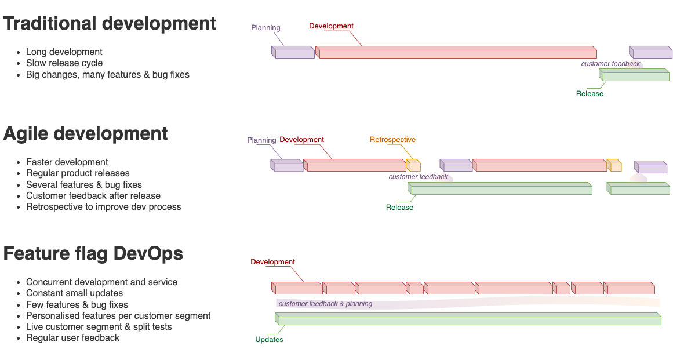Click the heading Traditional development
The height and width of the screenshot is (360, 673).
[x=110, y=24]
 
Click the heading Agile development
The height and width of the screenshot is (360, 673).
[x=85, y=133]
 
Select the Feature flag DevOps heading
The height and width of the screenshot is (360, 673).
[x=93, y=253]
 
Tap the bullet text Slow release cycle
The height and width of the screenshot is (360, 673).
[x=64, y=63]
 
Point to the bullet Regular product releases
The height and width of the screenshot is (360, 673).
[x=78, y=173]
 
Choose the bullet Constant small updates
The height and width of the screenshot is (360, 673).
[x=74, y=293]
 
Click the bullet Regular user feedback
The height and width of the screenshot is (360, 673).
[x=72, y=338]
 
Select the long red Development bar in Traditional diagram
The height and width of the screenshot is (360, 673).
[x=456, y=53]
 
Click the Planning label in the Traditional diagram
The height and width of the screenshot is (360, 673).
[x=265, y=28]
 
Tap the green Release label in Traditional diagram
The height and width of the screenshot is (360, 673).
[x=590, y=94]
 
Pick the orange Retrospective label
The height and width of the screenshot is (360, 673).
[x=392, y=140]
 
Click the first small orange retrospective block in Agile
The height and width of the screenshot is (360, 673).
[x=413, y=166]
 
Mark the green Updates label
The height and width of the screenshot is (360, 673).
[x=269, y=340]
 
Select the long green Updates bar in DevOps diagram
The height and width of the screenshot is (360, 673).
[x=468, y=319]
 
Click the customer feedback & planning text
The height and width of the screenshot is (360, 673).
[x=325, y=304]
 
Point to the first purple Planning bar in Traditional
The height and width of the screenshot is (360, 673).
[x=293, y=53]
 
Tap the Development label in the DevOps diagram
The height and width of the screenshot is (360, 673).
[x=272, y=262]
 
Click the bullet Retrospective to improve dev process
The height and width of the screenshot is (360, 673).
[x=103, y=207]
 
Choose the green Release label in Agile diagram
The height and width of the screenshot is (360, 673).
[x=399, y=208]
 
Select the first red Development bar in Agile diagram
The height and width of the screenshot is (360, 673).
[x=354, y=166]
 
